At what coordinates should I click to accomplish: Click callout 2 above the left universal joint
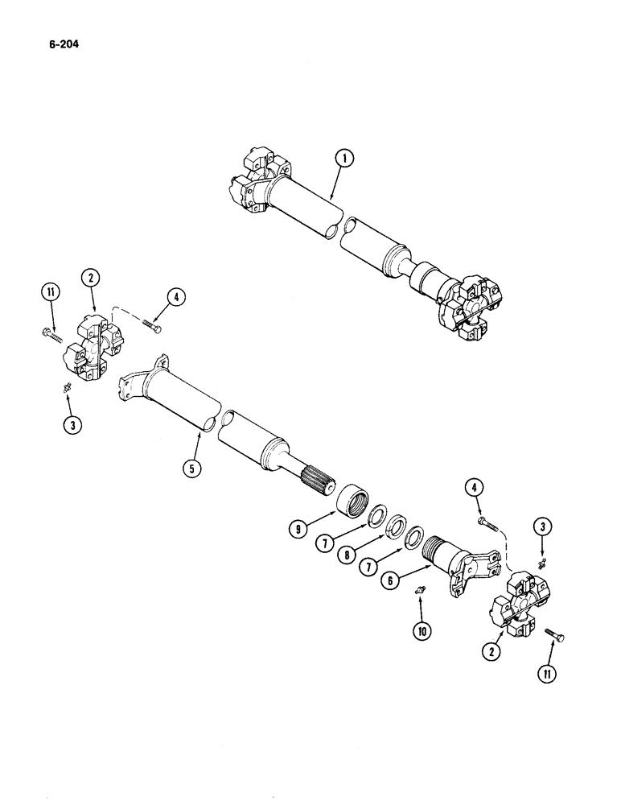[x=89, y=279]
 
